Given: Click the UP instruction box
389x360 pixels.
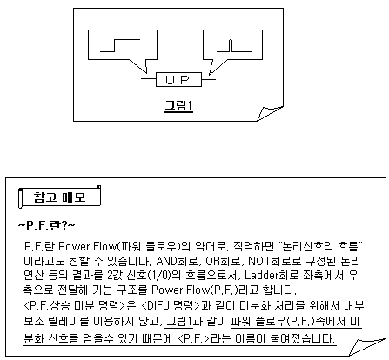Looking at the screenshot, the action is point(178,79).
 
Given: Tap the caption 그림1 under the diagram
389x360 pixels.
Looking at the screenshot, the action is point(178,106).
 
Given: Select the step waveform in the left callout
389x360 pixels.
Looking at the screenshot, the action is point(120,45).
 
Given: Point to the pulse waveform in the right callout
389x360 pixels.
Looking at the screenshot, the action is point(234,46).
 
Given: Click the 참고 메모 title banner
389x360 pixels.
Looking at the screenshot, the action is point(59,197).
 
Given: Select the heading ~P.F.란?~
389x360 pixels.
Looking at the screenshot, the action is point(46,225).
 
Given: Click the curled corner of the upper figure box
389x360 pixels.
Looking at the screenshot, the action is point(270,113).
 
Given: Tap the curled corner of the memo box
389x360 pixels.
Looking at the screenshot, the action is point(367,347).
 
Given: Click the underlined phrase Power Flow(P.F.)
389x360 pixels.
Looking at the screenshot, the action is point(195,290).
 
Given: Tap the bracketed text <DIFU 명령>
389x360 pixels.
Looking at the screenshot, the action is point(171,305).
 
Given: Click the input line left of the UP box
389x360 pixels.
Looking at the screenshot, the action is point(149,79).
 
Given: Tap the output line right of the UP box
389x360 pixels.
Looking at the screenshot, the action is point(209,79).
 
